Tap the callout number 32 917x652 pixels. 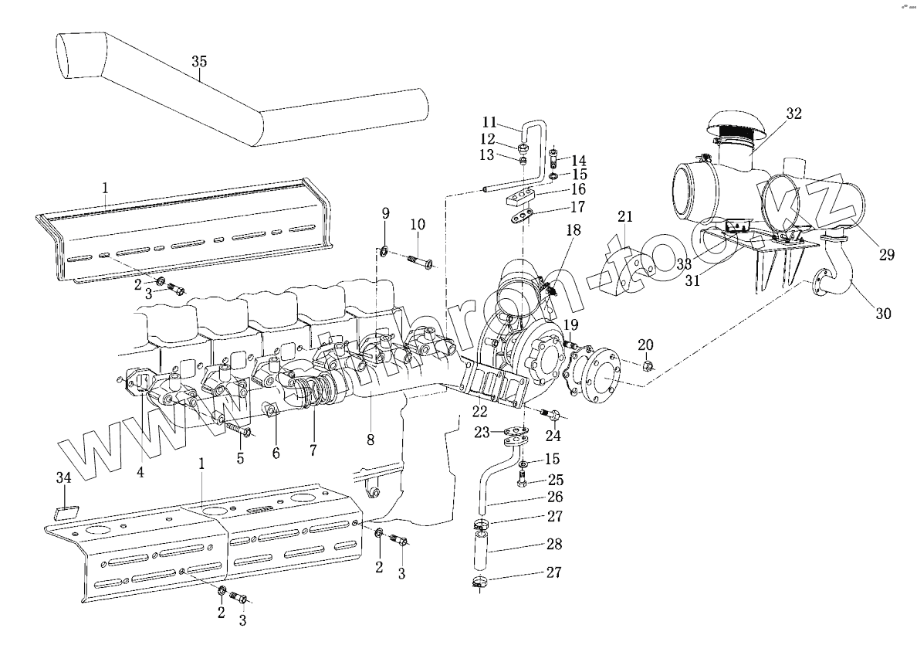tap(793, 114)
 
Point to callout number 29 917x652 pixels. tap(886, 254)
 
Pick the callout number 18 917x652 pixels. tap(573, 231)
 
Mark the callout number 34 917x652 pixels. tap(64, 479)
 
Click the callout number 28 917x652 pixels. tap(553, 544)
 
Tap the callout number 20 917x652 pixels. tap(645, 345)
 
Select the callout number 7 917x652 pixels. tap(314, 448)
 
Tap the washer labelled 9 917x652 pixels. tap(384, 250)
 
